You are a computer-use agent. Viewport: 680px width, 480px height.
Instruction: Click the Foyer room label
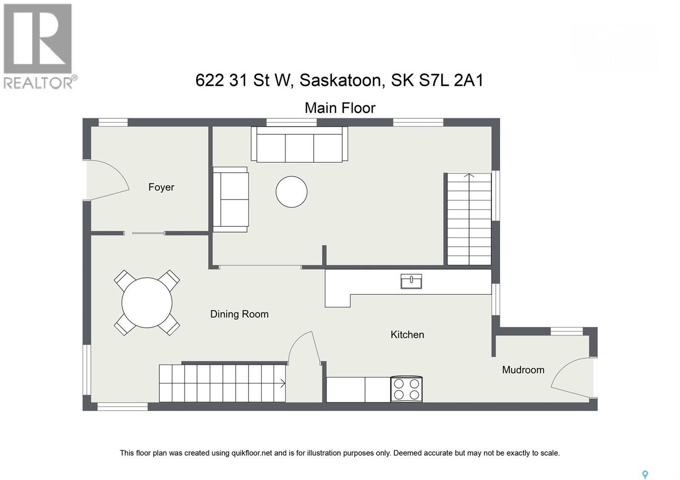[x=161, y=187]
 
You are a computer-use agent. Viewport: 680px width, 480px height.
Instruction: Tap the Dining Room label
[x=239, y=314]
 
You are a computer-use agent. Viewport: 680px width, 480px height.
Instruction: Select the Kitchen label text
[x=407, y=335]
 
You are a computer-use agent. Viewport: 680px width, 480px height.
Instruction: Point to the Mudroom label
[x=523, y=370]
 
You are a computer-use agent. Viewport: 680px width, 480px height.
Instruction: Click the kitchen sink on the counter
[x=411, y=281]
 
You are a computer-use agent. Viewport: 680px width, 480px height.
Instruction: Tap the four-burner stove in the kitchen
[x=406, y=389]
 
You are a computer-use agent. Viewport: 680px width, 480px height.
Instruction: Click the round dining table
[x=147, y=302]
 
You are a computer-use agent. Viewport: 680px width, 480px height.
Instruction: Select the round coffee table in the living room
[x=292, y=192]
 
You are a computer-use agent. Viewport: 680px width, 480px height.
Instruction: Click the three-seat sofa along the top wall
[x=300, y=144]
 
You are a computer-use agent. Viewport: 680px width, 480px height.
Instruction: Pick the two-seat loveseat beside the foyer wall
[x=230, y=199]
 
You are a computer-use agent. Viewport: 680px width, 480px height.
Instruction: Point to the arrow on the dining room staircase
[x=282, y=384]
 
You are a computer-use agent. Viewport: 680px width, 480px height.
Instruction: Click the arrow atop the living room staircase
[x=469, y=175]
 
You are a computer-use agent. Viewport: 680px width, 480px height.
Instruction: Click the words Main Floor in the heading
[x=340, y=108]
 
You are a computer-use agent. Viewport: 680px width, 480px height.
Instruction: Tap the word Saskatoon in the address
[x=340, y=80]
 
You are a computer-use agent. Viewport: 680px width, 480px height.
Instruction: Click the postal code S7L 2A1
[x=451, y=80]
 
